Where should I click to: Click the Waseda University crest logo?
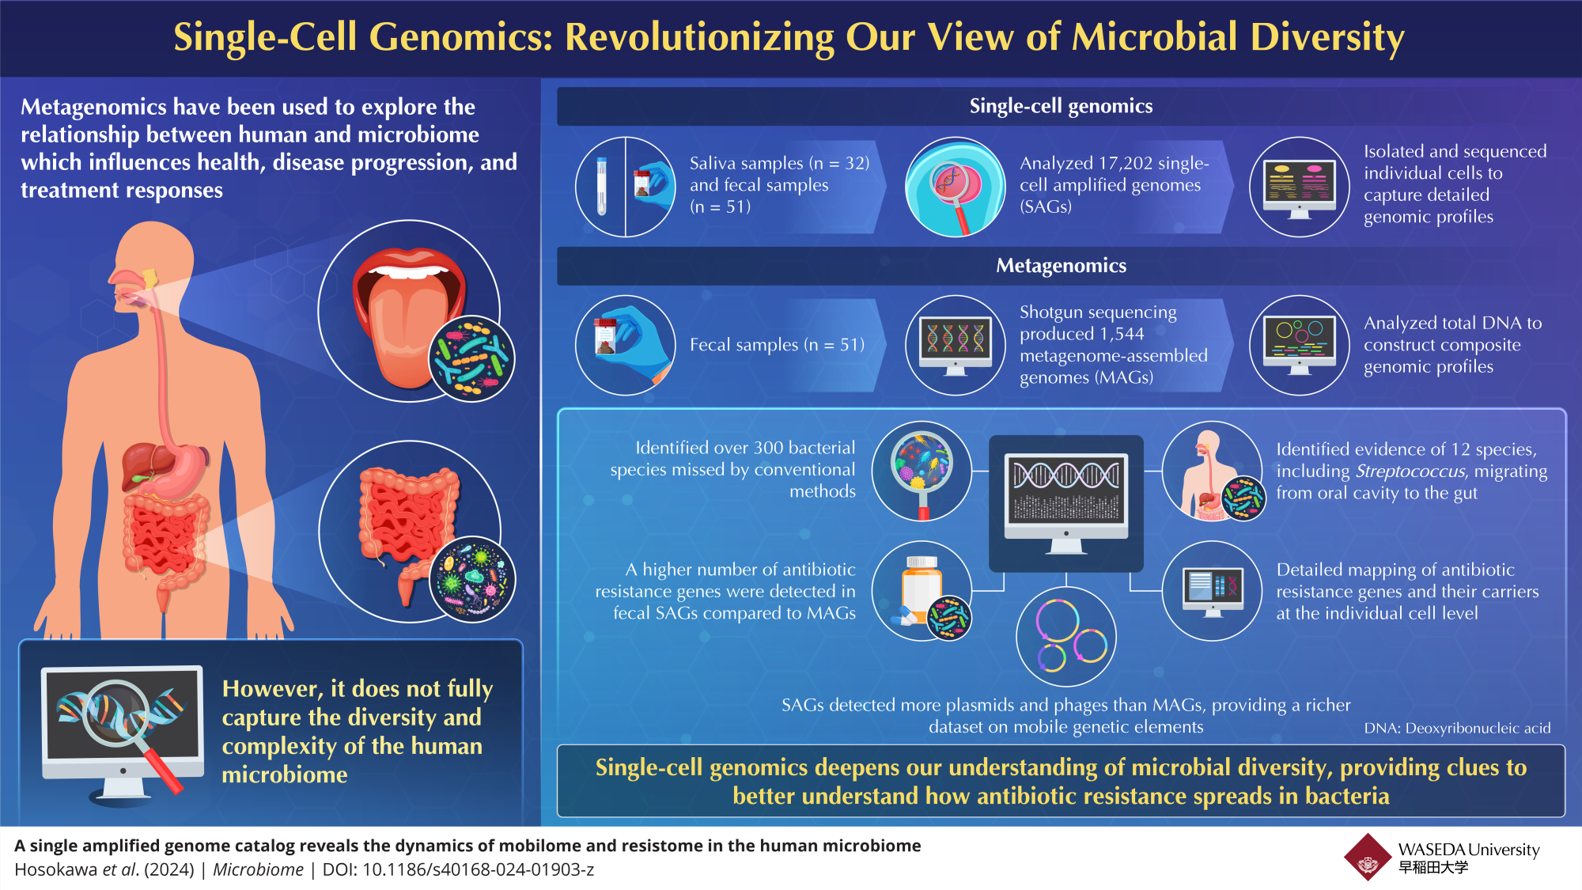(1367, 857)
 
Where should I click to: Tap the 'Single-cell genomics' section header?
(1060, 106)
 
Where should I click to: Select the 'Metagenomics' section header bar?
(1060, 266)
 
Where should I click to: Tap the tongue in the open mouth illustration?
(407, 332)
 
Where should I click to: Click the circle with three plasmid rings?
(1065, 637)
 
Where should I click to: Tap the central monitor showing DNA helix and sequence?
(1065, 498)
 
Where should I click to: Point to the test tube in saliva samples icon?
(601, 187)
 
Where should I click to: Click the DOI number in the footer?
(478, 870)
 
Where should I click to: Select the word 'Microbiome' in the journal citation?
(258, 870)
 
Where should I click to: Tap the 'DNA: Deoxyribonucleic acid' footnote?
(1456, 729)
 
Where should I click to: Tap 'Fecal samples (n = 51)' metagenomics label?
(776, 345)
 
